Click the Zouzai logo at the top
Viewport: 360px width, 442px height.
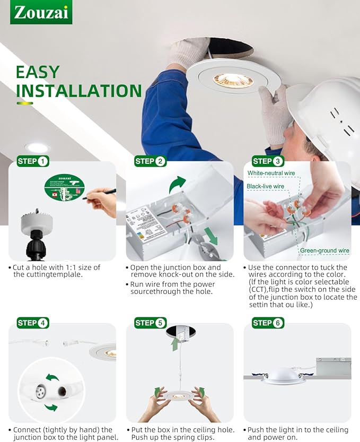tap(41, 12)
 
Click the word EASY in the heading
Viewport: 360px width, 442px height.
tap(37, 72)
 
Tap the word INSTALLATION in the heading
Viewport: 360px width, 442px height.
tap(78, 91)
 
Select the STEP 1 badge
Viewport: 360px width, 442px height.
tap(33, 161)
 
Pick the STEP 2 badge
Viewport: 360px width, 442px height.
tap(151, 161)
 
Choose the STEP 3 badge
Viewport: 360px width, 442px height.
tap(268, 161)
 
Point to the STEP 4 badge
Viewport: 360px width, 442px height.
tap(33, 323)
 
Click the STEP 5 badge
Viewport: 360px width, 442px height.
tap(151, 323)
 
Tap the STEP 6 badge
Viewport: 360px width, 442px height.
tap(268, 323)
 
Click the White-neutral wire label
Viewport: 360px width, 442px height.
tap(271, 174)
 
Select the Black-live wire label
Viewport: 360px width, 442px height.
tap(266, 186)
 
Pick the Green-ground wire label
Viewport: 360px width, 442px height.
tap(324, 250)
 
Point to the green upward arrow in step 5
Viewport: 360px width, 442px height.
tap(174, 344)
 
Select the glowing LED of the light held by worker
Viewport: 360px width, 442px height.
tap(233, 80)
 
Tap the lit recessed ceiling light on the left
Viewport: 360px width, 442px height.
tap(37, 148)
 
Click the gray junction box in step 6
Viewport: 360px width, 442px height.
tap(333, 366)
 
